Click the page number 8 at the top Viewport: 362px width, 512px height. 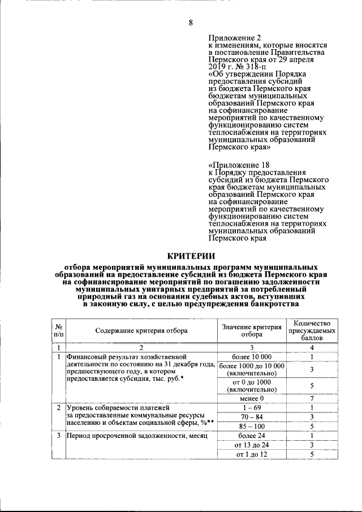(190, 23)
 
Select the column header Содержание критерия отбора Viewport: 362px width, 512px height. (141, 330)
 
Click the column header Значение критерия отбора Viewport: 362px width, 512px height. (252, 330)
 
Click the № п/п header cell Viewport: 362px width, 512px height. (58, 330)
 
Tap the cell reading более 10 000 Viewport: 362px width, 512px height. (252, 357)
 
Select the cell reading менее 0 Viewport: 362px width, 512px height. (252, 399)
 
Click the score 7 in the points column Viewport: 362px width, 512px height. (312, 399)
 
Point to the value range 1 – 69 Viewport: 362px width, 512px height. (252, 407)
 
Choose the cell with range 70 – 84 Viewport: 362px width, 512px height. (252, 417)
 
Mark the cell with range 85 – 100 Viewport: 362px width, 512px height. (252, 427)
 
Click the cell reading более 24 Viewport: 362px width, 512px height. (252, 436)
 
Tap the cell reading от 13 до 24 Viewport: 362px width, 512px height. (252, 445)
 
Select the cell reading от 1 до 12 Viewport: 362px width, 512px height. (252, 454)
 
